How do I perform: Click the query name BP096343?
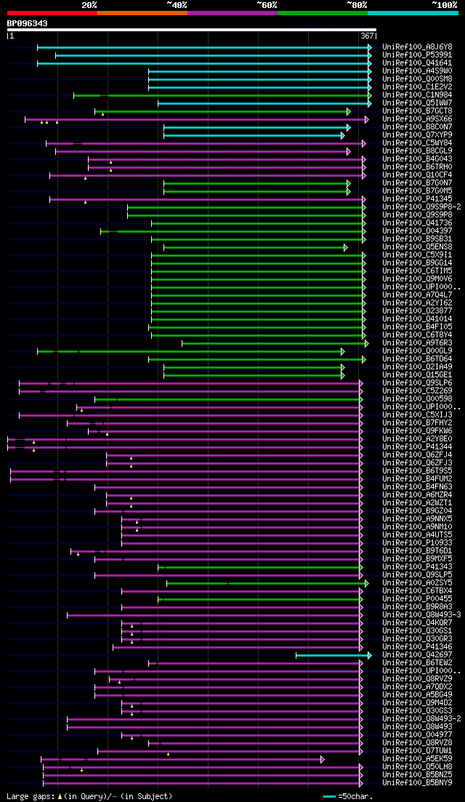[28, 23]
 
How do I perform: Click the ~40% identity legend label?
[177, 4]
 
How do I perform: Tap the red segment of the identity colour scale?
[52, 13]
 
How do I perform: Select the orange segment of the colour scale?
[142, 13]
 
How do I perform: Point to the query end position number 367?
[367, 36]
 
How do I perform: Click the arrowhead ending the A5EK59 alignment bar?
[322, 759]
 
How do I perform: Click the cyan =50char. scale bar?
[329, 796]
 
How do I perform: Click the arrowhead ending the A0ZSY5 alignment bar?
[367, 583]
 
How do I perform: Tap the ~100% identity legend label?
[445, 4]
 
